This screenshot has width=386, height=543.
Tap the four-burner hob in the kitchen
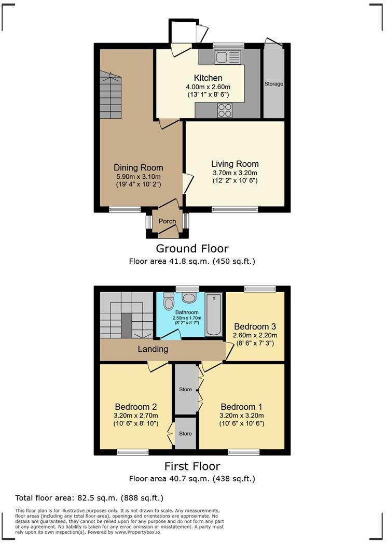(225, 110)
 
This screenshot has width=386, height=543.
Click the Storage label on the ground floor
(274, 84)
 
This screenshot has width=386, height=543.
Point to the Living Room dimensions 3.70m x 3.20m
(235, 173)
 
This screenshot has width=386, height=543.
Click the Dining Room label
(139, 167)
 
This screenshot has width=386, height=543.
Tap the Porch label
(167, 221)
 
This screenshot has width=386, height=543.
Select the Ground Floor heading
(192, 249)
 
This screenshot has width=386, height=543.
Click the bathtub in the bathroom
(213, 315)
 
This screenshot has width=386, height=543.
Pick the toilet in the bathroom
(169, 301)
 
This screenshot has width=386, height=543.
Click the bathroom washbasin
(189, 297)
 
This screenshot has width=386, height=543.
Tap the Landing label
(153, 349)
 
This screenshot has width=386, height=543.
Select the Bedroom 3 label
(254, 326)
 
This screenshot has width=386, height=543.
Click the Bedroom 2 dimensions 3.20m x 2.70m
(136, 415)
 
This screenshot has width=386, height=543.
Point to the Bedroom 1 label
(241, 406)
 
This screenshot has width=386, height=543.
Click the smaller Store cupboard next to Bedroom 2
(185, 433)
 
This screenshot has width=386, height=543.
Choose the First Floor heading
(192, 466)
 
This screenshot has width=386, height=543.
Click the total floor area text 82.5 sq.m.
(89, 498)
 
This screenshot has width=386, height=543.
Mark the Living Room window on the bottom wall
(235, 209)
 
